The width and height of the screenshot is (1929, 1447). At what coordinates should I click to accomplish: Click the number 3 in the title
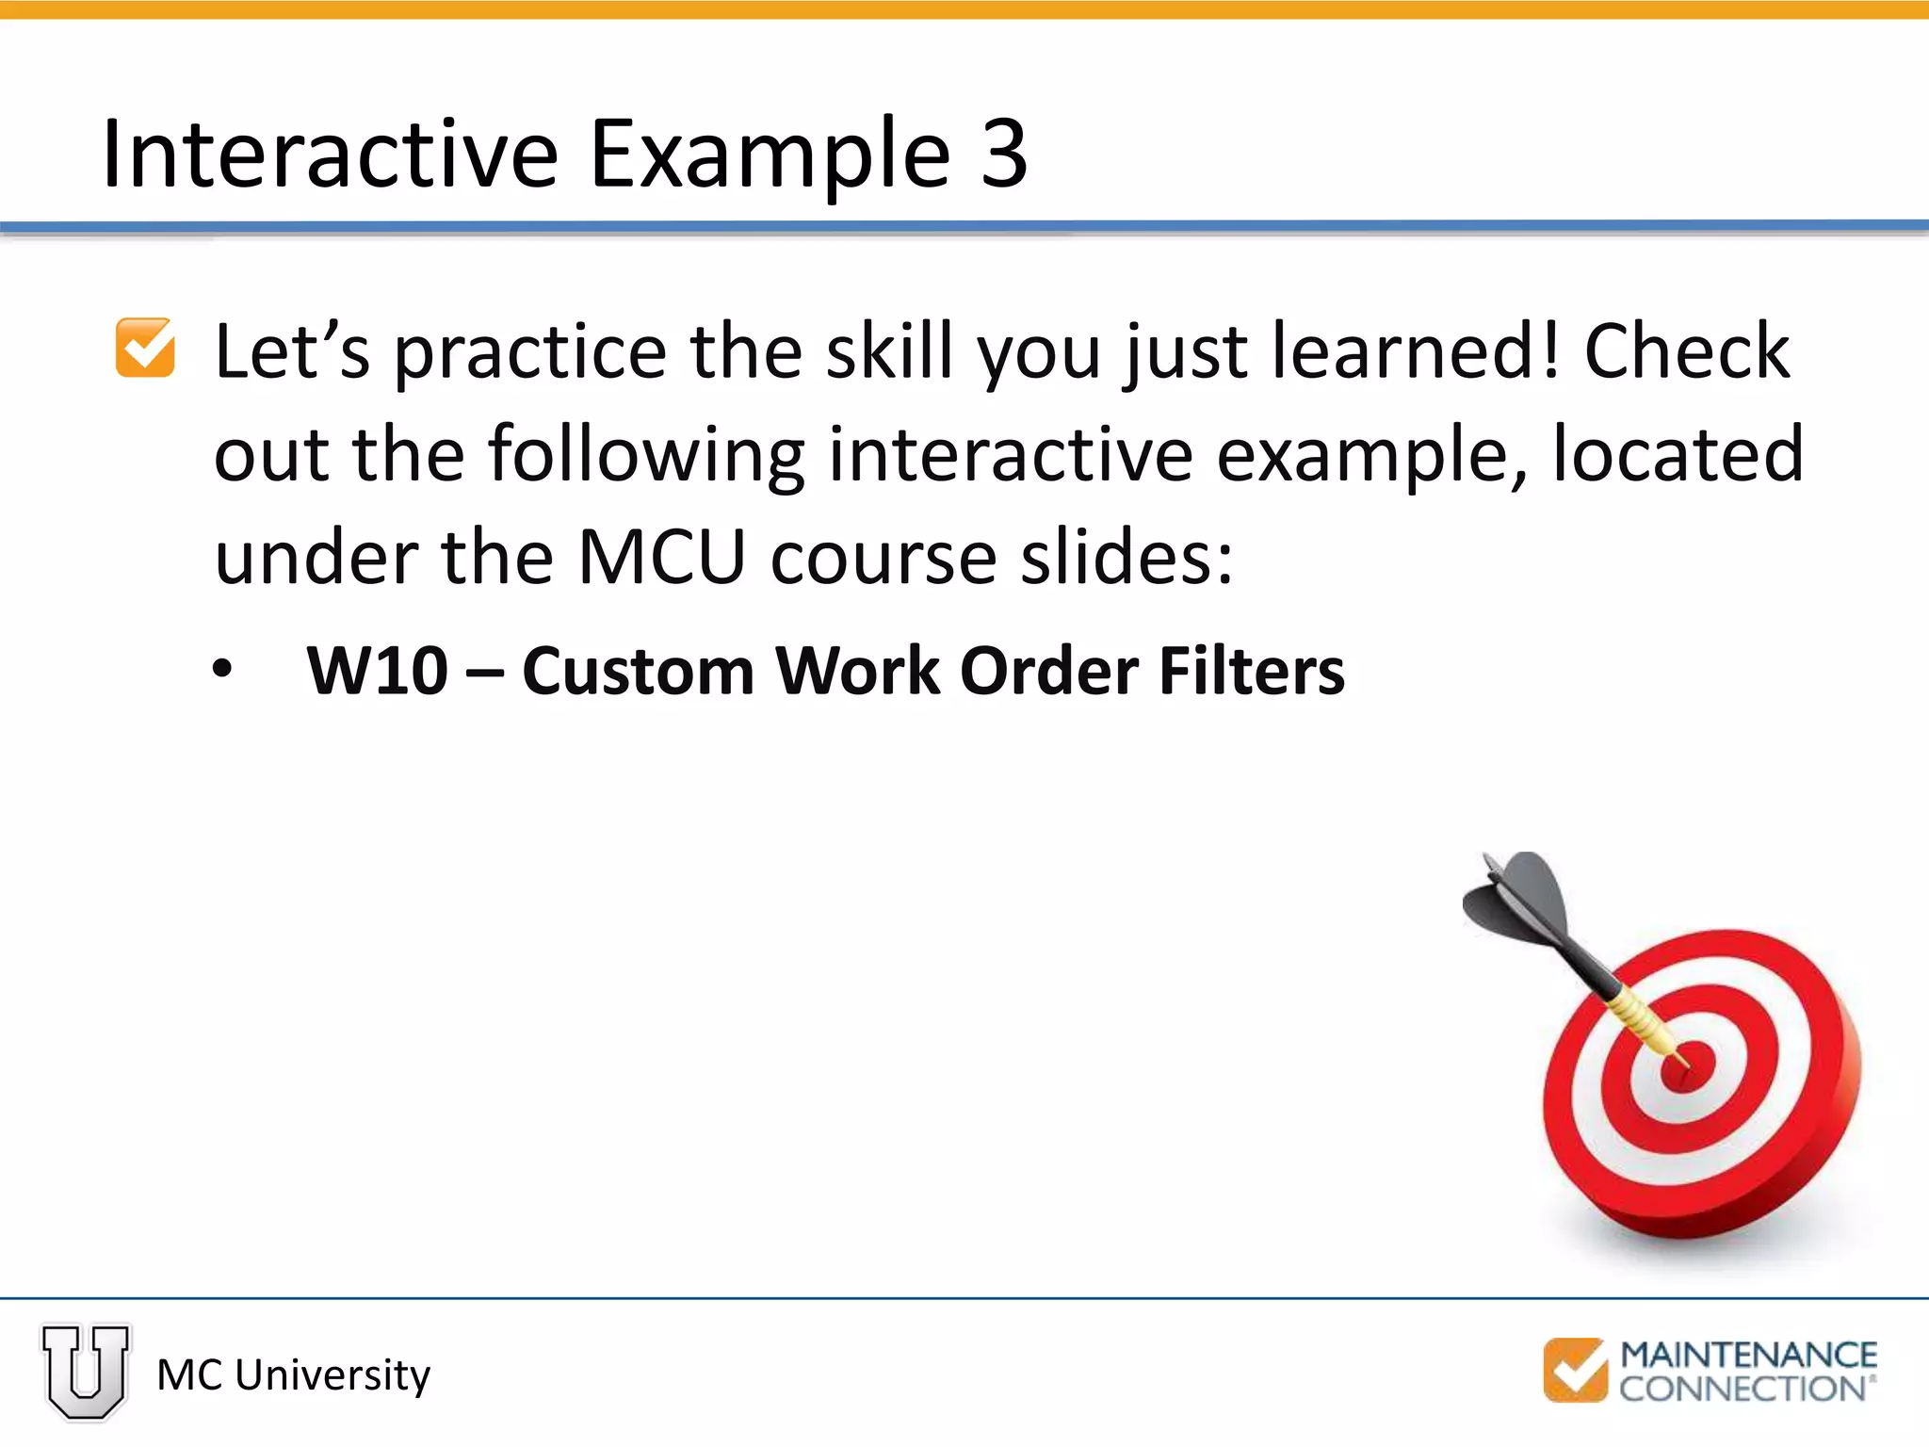(x=1004, y=154)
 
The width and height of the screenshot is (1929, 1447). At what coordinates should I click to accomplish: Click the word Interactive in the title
(x=330, y=154)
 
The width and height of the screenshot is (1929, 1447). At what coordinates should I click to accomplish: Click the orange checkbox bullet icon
(x=145, y=348)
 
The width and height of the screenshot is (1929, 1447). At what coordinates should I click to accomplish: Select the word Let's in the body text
(x=292, y=351)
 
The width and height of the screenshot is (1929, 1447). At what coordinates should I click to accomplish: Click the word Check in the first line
(x=1686, y=351)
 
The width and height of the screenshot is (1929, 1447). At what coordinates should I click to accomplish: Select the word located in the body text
(x=1678, y=455)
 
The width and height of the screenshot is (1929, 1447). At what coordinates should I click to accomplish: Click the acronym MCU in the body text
(x=661, y=558)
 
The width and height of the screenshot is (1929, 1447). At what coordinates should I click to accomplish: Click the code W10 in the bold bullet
(x=377, y=672)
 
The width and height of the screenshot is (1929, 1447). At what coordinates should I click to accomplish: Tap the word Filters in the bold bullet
(x=1252, y=672)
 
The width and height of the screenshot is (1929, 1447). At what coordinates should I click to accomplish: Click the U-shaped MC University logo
(x=86, y=1371)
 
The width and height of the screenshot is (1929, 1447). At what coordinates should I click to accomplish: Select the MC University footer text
(x=293, y=1375)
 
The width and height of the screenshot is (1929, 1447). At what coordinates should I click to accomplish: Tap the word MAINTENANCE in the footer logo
(x=1748, y=1355)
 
